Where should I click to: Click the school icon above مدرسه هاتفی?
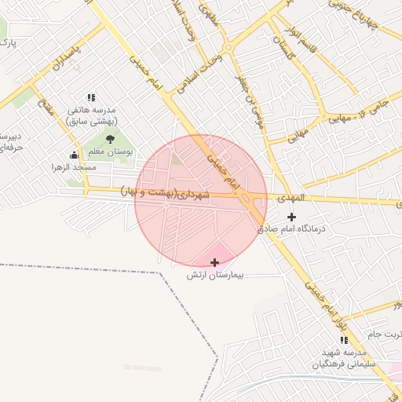click(x=92, y=97)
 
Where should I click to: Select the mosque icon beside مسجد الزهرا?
click(x=75, y=155)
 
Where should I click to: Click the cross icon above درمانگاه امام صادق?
click(x=292, y=217)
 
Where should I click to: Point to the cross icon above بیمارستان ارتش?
click(x=215, y=262)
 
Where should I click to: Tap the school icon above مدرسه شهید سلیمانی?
click(x=344, y=340)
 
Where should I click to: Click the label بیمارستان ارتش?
click(x=216, y=276)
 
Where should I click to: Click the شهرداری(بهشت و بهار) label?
click(x=165, y=192)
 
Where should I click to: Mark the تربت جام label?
click(x=385, y=334)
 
